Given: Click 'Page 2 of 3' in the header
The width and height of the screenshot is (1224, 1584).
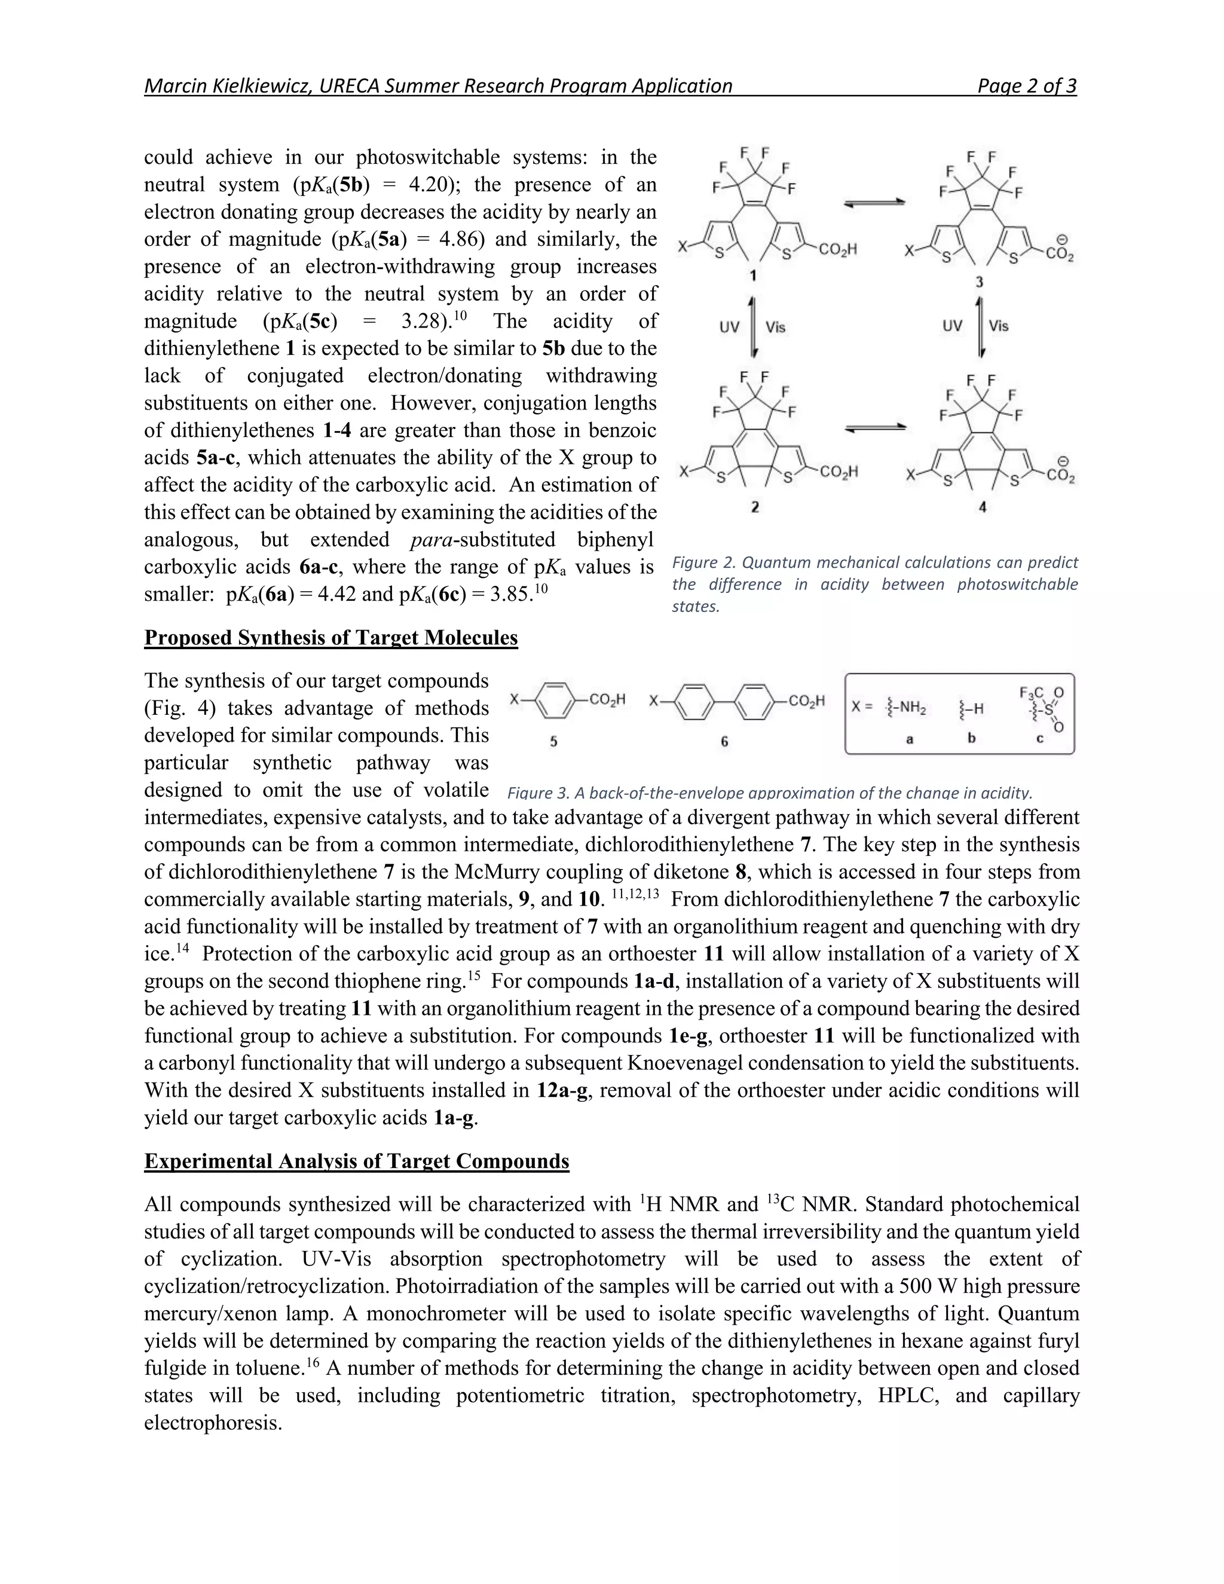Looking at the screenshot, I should click(x=1026, y=86).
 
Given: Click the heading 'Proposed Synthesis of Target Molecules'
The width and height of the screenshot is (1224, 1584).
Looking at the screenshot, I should click(x=331, y=638).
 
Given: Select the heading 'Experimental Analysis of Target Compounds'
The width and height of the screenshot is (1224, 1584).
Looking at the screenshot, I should click(x=357, y=1161).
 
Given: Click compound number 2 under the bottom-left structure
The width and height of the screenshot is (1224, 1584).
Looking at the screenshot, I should click(x=755, y=507).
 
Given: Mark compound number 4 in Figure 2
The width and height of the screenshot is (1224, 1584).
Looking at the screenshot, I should click(x=982, y=507).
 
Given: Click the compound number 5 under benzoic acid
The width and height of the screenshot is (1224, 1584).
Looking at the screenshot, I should click(x=553, y=741).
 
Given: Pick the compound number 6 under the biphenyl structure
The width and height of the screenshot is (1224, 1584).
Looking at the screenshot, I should click(x=724, y=741).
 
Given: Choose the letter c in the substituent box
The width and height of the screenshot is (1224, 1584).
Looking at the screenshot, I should click(x=1039, y=739).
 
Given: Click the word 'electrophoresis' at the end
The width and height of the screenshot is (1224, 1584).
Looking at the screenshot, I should click(x=212, y=1423).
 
